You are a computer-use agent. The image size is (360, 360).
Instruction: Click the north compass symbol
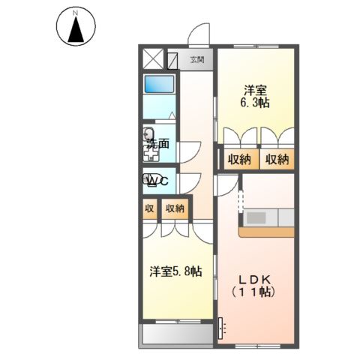click(76, 28)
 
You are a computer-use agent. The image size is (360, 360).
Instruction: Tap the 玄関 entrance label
click(197, 58)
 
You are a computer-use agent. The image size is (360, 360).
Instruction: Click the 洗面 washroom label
click(157, 142)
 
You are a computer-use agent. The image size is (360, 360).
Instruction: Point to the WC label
click(157, 181)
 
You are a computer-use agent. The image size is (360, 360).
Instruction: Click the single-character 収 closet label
click(149, 209)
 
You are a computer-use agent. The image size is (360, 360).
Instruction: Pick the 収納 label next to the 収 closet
click(175, 209)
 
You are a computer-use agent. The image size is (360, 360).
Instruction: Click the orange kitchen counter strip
click(266, 232)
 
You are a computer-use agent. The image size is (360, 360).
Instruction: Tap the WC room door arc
click(187, 181)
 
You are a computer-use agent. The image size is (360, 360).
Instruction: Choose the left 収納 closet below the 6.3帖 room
click(239, 159)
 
